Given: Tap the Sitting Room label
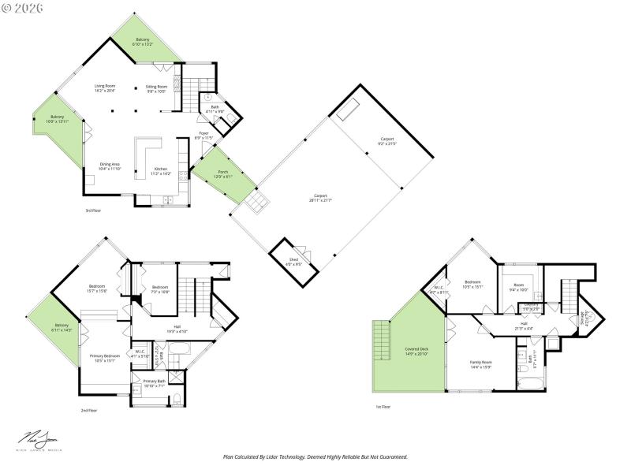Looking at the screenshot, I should point(157,88).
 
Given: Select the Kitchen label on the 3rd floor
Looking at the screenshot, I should point(161,170).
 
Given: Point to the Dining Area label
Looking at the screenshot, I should point(110,166).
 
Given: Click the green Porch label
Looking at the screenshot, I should point(223,173).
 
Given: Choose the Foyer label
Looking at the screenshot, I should point(203,136).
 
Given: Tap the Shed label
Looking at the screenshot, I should point(293,262).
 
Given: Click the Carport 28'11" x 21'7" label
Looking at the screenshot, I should point(320,198).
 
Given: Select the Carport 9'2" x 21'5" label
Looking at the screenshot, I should point(386,142).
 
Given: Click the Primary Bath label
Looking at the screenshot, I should point(155,383).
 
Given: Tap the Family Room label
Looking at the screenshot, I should point(481,364).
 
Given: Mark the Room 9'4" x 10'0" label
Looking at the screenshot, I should point(518,287).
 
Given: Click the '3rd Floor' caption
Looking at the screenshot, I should point(93,211).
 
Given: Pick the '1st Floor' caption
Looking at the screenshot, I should point(383,407).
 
